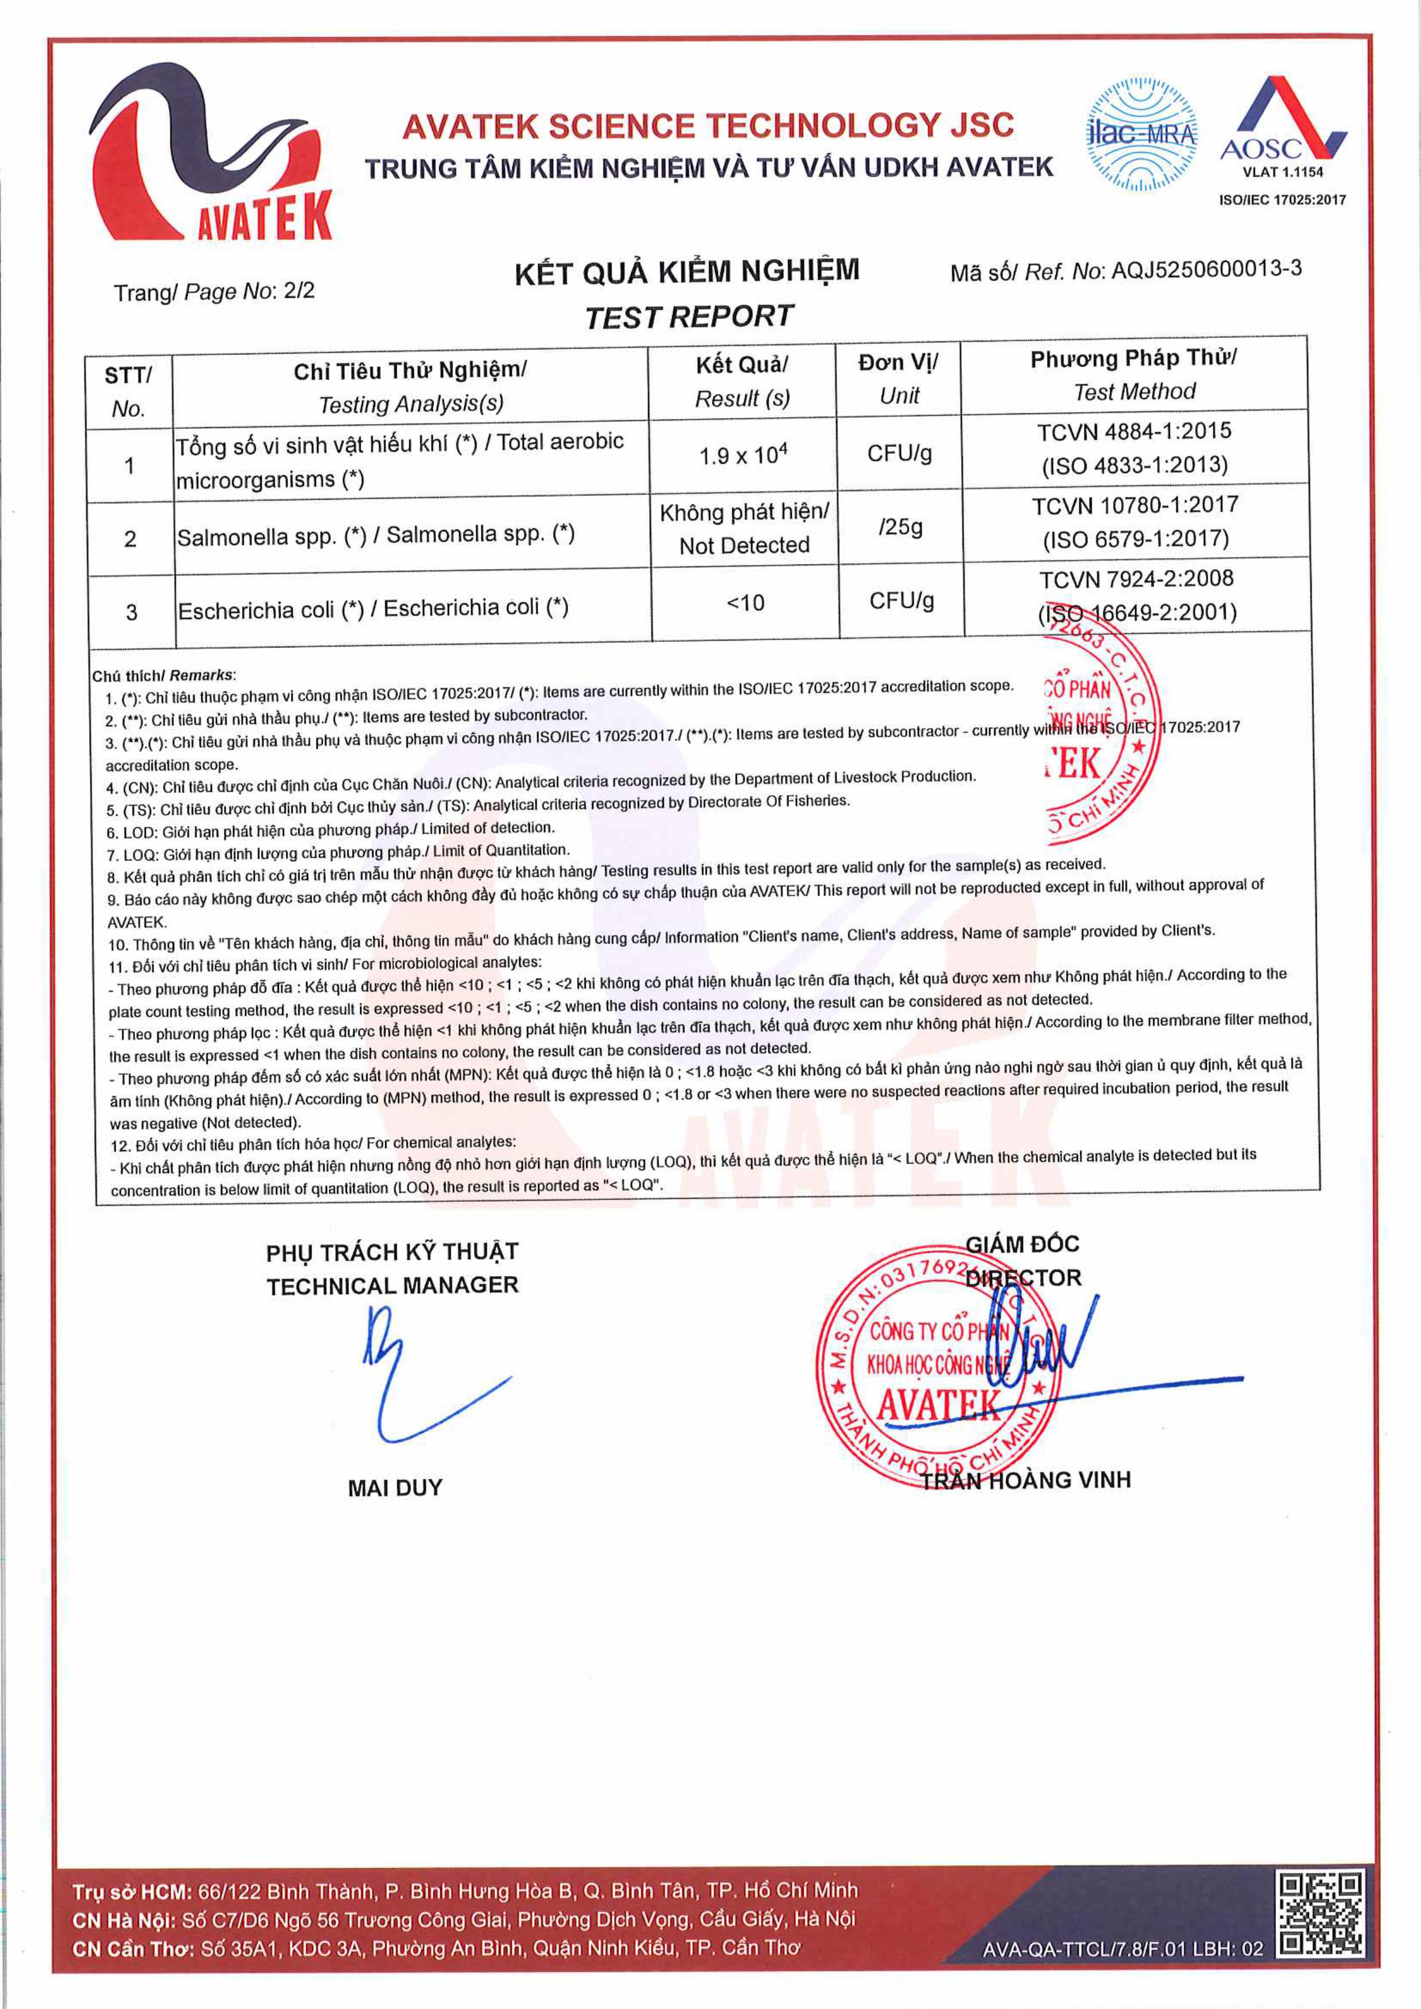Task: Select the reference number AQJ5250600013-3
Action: (1206, 270)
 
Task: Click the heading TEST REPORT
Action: (689, 317)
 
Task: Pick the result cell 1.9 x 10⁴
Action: (743, 455)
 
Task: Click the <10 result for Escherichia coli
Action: (745, 603)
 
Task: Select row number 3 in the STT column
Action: (131, 611)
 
